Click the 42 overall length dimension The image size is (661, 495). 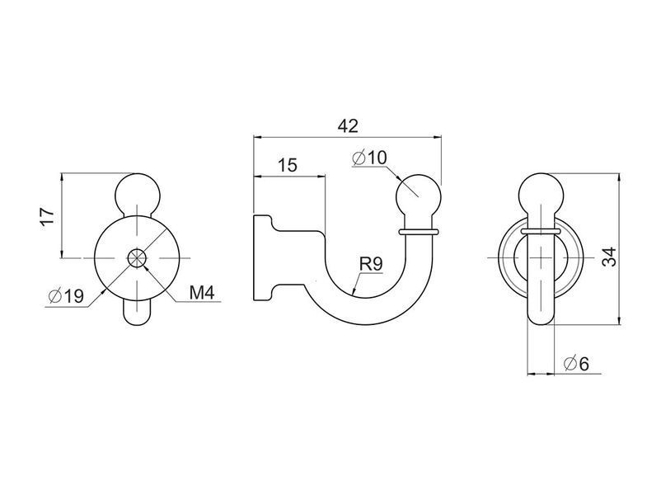348,125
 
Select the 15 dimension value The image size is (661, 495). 288,165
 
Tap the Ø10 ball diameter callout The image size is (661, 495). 369,158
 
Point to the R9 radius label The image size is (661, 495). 371,264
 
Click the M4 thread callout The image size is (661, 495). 202,292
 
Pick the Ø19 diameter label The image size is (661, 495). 67,297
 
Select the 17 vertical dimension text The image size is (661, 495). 48,216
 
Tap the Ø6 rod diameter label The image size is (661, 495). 576,363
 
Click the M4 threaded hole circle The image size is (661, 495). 137,257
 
